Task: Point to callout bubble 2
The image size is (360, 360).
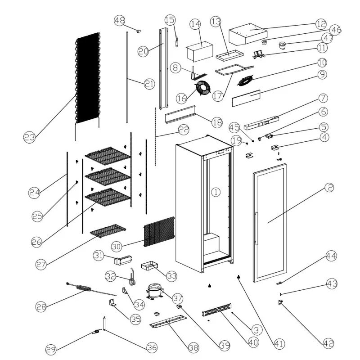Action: click(x=328, y=188)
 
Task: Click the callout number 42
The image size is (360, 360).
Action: click(x=328, y=343)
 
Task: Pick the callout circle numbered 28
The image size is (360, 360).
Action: click(x=41, y=307)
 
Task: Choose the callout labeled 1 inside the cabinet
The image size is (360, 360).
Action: click(x=216, y=192)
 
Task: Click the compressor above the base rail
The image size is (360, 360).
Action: click(x=154, y=290)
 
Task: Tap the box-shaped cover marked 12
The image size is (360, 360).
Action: click(x=247, y=35)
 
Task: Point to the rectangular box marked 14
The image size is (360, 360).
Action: click(x=198, y=51)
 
